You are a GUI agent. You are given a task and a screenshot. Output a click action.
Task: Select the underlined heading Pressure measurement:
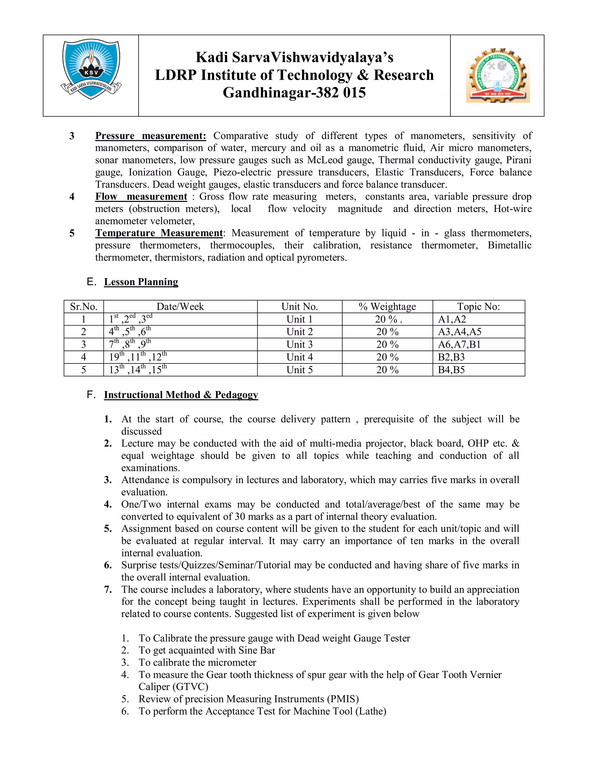click(x=151, y=136)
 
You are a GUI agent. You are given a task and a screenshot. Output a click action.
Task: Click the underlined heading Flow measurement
click(x=141, y=197)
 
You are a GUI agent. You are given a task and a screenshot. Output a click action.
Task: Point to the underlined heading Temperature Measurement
click(x=159, y=233)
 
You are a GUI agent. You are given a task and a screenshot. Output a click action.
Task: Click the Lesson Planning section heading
click(x=141, y=282)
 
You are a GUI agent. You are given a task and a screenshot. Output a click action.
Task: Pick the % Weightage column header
click(x=387, y=307)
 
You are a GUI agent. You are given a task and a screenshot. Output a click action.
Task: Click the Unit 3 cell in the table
click(x=299, y=345)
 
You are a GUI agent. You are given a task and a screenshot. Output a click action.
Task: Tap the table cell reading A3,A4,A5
click(x=460, y=332)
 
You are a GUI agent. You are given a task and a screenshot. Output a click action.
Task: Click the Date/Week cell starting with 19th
click(x=138, y=357)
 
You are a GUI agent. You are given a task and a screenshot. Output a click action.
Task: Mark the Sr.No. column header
click(x=84, y=307)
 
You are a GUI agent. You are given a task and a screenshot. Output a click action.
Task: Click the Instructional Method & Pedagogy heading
click(x=181, y=395)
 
